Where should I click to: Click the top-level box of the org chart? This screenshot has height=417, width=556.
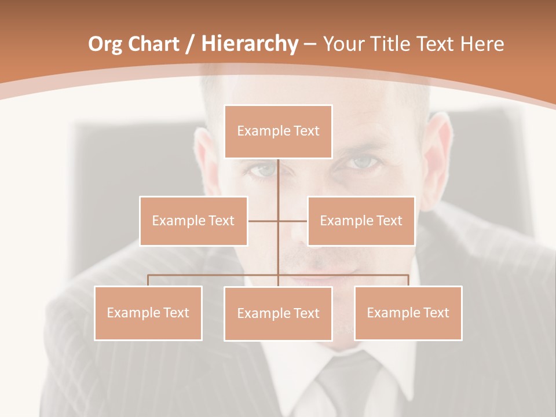[x=278, y=131]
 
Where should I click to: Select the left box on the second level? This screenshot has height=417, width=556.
[x=193, y=221]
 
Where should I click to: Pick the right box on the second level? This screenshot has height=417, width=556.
[x=361, y=221]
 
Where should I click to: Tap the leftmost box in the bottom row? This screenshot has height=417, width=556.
[x=148, y=313]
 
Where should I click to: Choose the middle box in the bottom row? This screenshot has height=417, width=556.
[x=278, y=313]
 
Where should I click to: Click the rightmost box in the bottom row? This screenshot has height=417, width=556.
[x=408, y=313]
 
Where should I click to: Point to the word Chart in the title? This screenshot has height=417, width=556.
[x=153, y=44]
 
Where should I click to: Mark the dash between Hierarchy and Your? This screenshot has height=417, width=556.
[x=310, y=44]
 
